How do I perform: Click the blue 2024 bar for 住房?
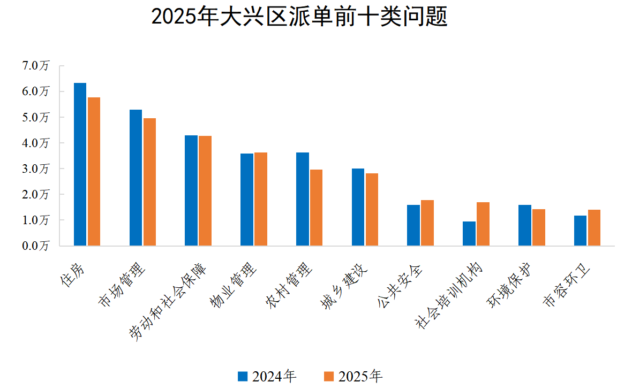[x=80, y=164]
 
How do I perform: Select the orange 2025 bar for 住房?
[x=94, y=171]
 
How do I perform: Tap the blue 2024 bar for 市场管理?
[x=136, y=178]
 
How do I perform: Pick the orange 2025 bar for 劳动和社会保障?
[x=205, y=191]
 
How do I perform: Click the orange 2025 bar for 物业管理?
[x=261, y=199]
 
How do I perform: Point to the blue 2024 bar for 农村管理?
[x=303, y=199]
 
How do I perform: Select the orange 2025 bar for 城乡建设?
[x=372, y=210]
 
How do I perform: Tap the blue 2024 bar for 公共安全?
[x=413, y=225]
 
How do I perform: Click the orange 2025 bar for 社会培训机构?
[x=483, y=224]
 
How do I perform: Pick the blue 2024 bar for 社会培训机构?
[x=469, y=234]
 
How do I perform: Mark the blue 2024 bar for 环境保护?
[x=525, y=225]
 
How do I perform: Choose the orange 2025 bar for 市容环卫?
[x=594, y=228]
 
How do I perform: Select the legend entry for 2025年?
[x=353, y=377]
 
